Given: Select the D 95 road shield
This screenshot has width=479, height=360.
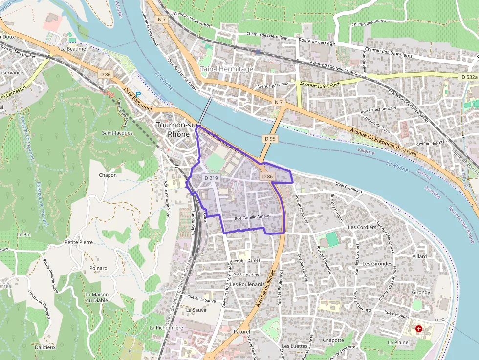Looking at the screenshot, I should [270, 139].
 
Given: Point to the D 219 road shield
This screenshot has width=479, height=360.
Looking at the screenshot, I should [211, 178].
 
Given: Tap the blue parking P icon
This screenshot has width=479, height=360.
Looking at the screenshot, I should [138, 95].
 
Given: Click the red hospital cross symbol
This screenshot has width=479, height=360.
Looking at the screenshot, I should [418, 329].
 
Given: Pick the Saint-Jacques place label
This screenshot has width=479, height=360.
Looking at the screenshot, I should [117, 133].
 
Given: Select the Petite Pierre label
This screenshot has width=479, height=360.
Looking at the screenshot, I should [79, 242].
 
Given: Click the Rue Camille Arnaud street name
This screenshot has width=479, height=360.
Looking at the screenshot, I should [253, 217].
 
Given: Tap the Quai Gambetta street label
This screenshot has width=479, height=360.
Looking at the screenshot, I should [348, 187].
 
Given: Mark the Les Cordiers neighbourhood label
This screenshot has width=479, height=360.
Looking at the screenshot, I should [362, 227].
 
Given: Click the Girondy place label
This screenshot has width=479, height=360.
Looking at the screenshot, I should [421, 292].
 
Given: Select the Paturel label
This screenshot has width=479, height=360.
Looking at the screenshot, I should [242, 332].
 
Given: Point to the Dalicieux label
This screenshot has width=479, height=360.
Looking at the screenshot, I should [45, 347].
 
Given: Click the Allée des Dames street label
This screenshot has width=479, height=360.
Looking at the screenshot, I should [245, 261].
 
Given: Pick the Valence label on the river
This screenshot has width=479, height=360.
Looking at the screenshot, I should [366, 152].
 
